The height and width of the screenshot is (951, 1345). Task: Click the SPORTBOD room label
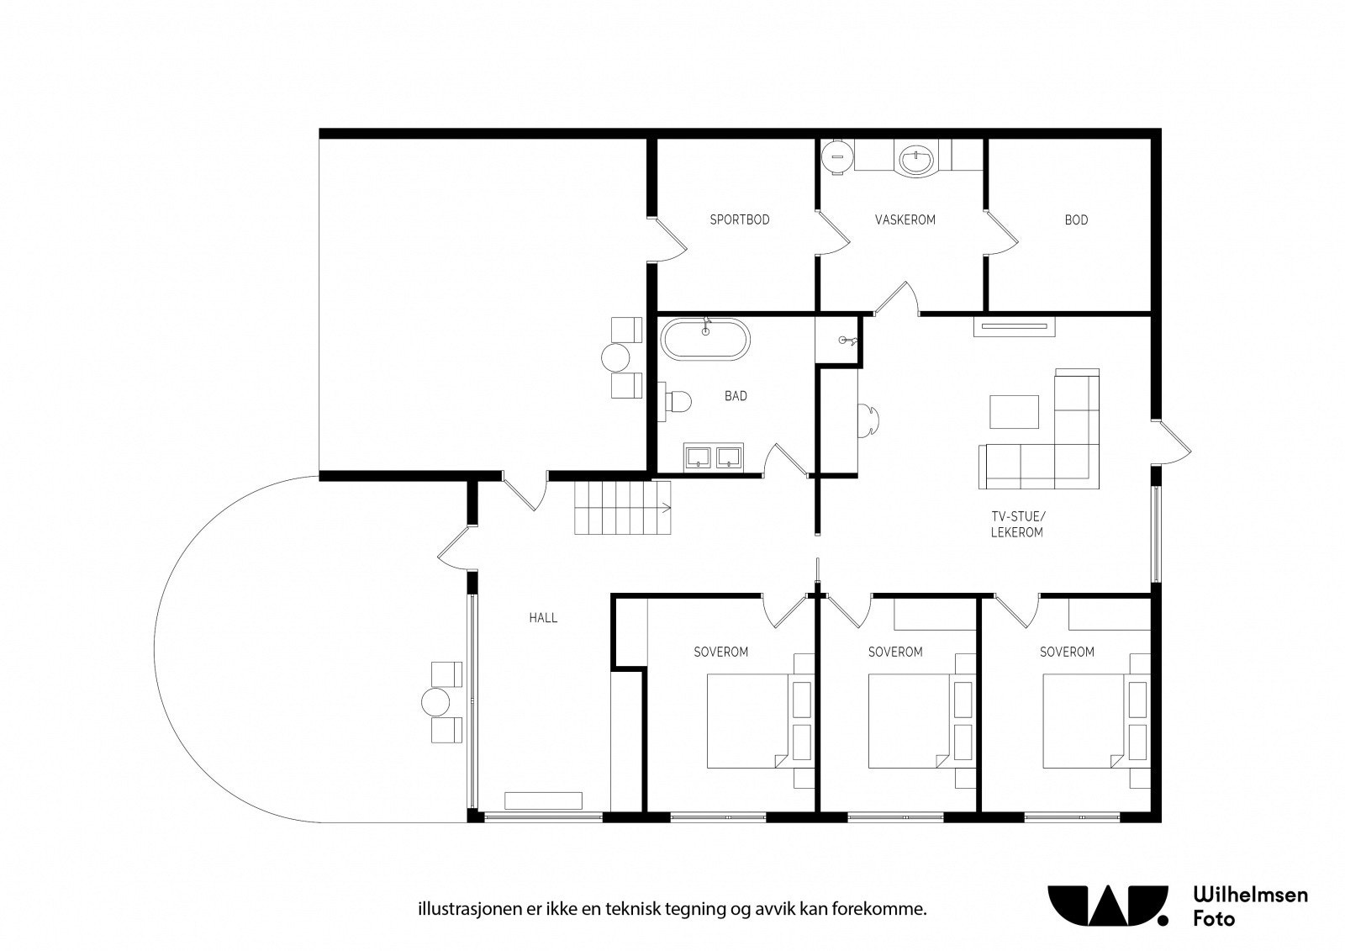click(739, 219)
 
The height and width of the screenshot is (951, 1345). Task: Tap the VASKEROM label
click(905, 219)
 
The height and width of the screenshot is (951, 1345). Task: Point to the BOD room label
click(1076, 219)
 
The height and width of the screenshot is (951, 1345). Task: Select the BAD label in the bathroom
click(736, 396)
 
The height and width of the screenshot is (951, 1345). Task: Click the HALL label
click(543, 617)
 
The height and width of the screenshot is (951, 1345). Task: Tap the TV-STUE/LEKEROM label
click(1016, 525)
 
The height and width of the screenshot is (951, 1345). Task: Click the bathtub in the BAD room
click(705, 339)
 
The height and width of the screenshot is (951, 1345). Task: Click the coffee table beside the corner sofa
click(1014, 411)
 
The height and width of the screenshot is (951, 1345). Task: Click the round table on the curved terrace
click(435, 701)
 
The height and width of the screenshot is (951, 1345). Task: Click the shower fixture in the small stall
click(848, 341)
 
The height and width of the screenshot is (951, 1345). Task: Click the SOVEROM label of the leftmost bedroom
click(720, 652)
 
